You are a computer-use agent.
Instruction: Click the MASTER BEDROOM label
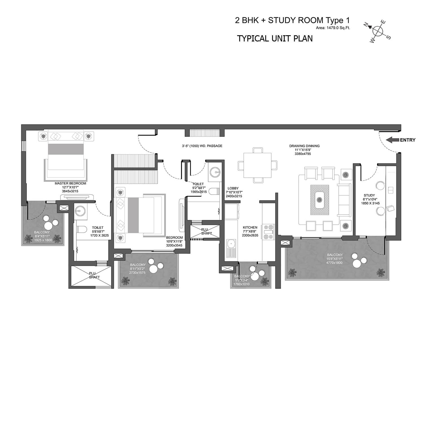click(70, 183)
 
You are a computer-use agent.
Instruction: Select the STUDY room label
click(369, 195)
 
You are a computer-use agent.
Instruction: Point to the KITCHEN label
click(250, 227)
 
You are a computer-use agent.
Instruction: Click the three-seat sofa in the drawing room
click(344, 200)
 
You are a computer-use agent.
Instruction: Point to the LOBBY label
click(233, 188)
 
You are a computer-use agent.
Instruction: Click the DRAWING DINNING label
click(304, 146)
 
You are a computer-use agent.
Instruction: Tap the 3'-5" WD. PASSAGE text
click(202, 146)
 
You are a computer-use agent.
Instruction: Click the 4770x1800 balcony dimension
click(334, 263)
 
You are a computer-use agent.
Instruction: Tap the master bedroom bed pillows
click(66, 136)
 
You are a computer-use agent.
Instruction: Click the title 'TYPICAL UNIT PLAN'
click(275, 38)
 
